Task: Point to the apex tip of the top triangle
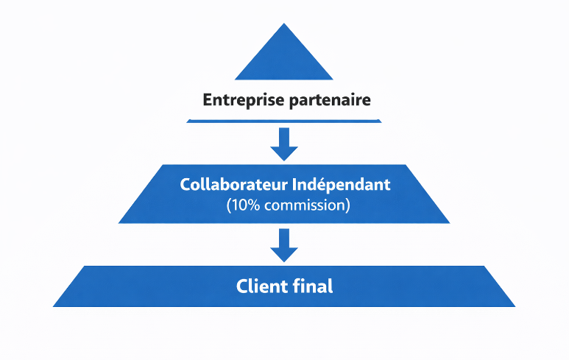tap(284, 24)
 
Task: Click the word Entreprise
tap(240, 99)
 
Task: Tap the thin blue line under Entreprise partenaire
tap(284, 120)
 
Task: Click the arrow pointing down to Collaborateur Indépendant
tap(284, 144)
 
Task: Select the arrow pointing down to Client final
tap(284, 245)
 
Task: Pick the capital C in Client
tap(242, 286)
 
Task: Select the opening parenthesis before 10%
tap(230, 205)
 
